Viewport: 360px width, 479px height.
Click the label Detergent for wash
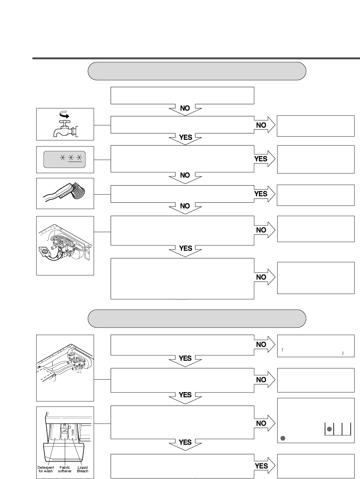click(46, 469)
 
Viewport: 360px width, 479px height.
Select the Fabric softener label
click(65, 469)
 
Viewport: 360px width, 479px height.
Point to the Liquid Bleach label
click(82, 469)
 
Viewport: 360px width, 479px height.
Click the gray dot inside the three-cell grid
click(329, 429)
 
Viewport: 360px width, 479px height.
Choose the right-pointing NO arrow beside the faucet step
click(264, 125)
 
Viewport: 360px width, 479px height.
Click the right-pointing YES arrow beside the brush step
click(264, 194)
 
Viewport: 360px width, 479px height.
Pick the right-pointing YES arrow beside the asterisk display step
click(264, 159)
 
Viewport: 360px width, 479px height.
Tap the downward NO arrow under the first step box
click(185, 109)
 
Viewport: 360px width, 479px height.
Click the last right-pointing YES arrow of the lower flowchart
click(264, 466)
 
